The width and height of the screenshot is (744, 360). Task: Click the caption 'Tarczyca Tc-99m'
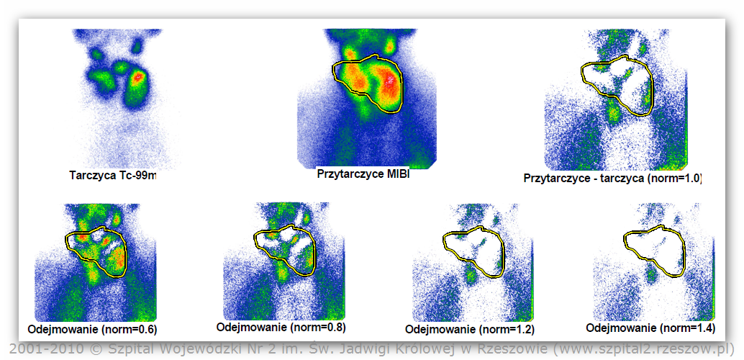click(112, 175)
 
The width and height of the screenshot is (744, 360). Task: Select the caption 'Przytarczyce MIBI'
click(363, 174)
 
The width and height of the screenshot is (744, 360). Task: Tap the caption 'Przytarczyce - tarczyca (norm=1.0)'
click(612, 179)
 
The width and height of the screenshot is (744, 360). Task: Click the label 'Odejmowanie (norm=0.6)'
click(93, 328)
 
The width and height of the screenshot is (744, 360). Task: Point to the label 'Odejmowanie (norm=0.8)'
click(281, 327)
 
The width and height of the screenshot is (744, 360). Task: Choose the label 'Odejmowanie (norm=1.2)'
click(470, 329)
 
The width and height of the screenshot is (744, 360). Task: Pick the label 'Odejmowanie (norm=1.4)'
click(650, 328)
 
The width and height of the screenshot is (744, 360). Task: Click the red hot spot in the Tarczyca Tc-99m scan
click(138, 76)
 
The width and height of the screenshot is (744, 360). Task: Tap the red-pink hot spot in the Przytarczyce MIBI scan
click(391, 78)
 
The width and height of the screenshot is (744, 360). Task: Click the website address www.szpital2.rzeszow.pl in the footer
click(641, 348)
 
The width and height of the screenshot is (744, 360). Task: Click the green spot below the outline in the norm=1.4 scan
click(650, 274)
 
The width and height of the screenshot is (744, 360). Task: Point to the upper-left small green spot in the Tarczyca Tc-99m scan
click(97, 55)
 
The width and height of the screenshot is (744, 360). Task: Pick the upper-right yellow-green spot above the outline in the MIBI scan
click(390, 45)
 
